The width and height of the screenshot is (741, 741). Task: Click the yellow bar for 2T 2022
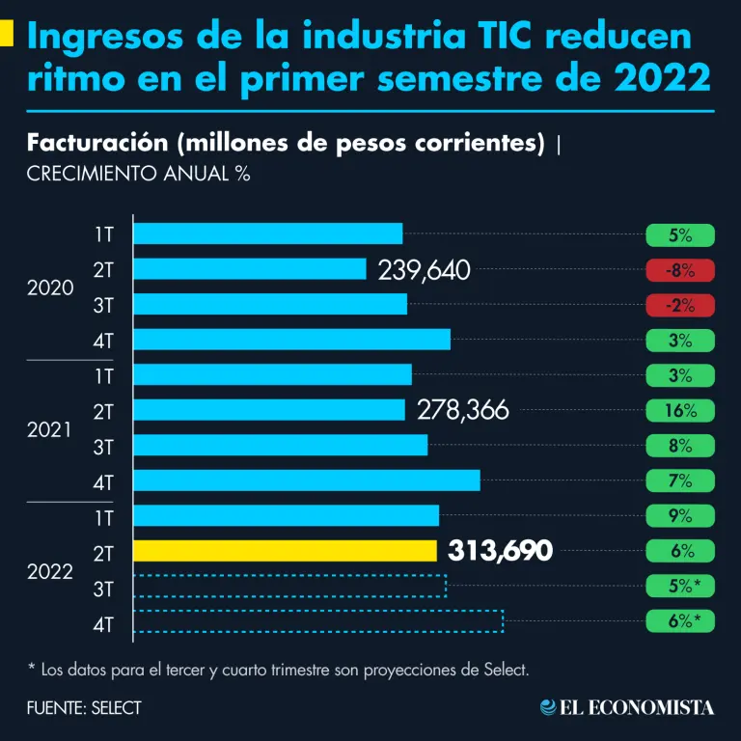pyautogui.click(x=285, y=551)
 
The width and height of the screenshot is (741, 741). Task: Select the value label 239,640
pyautogui.click(x=425, y=270)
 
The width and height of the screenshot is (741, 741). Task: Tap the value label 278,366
pyautogui.click(x=463, y=410)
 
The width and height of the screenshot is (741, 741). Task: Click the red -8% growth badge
pyautogui.click(x=680, y=270)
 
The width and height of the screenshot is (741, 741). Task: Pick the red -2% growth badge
pyautogui.click(x=680, y=305)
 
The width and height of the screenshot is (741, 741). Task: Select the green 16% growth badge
pyautogui.click(x=680, y=410)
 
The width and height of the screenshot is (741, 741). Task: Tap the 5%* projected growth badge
pyautogui.click(x=680, y=586)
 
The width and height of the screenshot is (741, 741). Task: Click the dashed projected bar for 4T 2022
pyautogui.click(x=317, y=621)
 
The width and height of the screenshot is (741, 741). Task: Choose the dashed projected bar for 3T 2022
pyautogui.click(x=289, y=586)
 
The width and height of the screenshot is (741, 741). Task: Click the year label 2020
pyautogui.click(x=50, y=288)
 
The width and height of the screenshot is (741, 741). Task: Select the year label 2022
pyautogui.click(x=50, y=571)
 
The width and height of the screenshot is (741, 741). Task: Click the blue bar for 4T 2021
pyautogui.click(x=306, y=480)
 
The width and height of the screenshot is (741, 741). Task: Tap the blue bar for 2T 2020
pyautogui.click(x=249, y=269)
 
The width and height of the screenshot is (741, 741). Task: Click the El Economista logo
pyautogui.click(x=627, y=707)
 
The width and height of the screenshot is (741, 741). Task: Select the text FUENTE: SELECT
pyautogui.click(x=84, y=707)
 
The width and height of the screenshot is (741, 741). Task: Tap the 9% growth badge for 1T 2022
pyautogui.click(x=680, y=515)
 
